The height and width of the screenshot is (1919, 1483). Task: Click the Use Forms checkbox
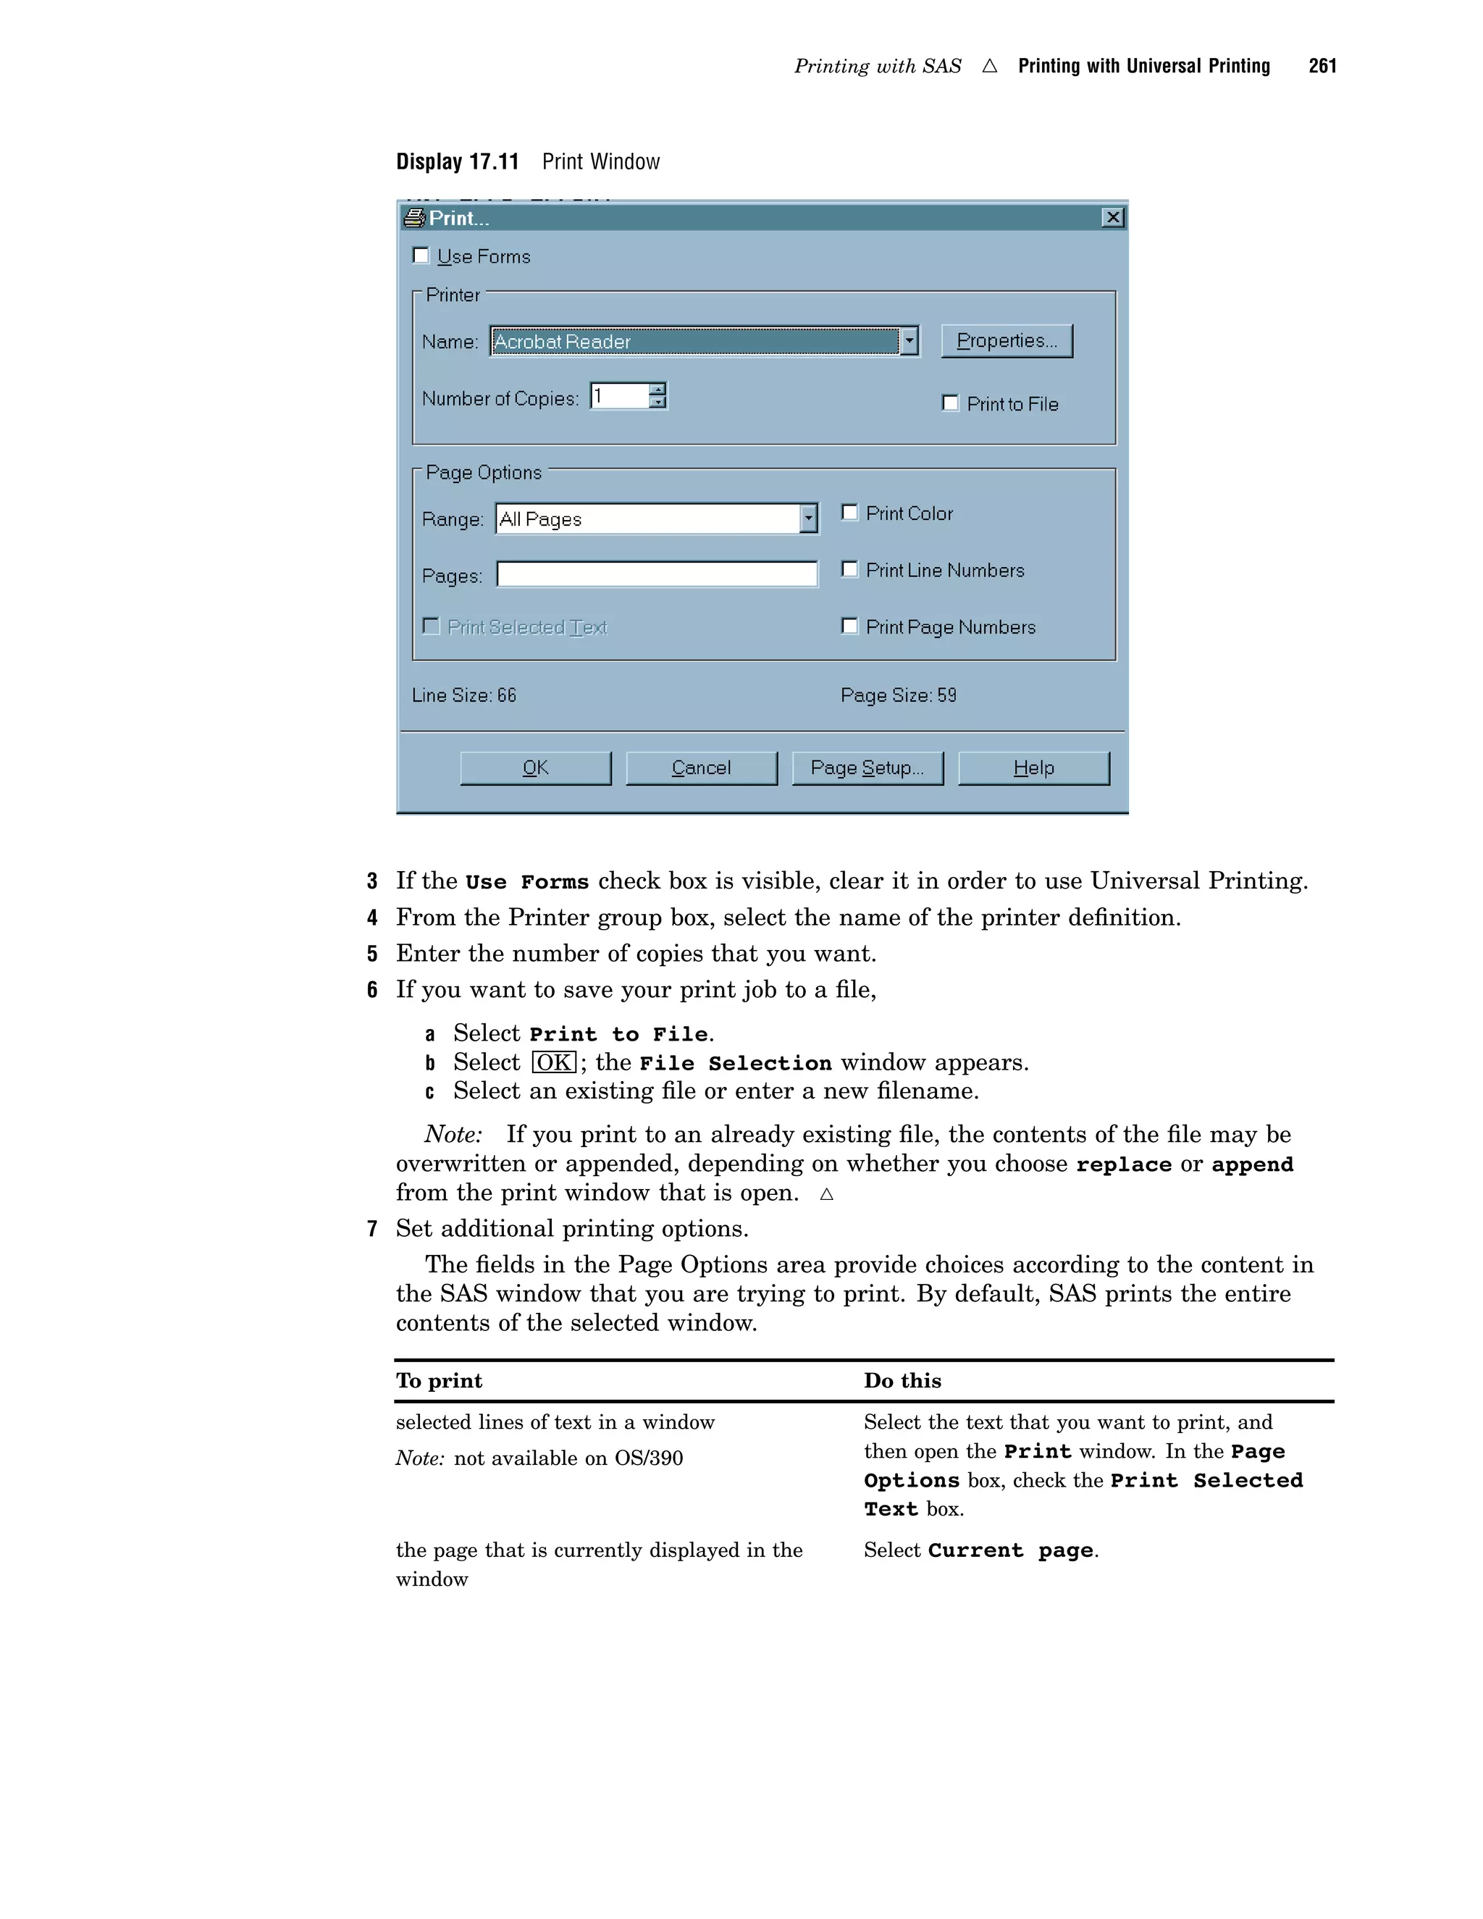pos(421,256)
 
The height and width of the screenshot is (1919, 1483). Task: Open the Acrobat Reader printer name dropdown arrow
pos(909,341)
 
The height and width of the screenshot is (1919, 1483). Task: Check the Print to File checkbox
pos(950,403)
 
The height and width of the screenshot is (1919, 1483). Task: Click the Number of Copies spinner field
pos(621,396)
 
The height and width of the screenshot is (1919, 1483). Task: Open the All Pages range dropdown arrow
pos(808,518)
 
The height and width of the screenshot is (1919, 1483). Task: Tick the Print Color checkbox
pos(849,512)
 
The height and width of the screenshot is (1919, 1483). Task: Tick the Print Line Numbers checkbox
pos(849,569)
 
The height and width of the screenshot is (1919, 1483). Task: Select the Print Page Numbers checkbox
pos(849,626)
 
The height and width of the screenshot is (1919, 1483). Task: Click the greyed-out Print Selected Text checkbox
pos(432,626)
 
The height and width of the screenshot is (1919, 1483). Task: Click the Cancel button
pos(701,768)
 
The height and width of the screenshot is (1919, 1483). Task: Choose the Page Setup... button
pos(867,768)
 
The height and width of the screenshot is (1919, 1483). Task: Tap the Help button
pos(1033,768)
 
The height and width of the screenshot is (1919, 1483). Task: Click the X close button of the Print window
pos(1112,218)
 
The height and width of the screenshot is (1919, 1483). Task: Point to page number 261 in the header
pos(1322,66)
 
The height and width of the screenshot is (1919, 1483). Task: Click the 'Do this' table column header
pos(902,1380)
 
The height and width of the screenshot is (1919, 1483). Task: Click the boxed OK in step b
pos(553,1062)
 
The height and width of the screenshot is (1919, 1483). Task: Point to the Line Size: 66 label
pos(464,695)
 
